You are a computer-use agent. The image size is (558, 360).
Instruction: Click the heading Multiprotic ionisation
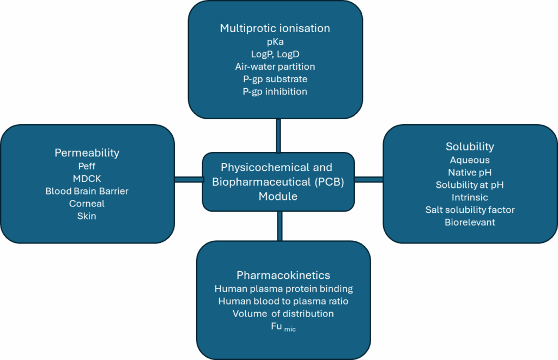click(x=275, y=28)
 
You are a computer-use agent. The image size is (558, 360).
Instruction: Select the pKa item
click(x=275, y=42)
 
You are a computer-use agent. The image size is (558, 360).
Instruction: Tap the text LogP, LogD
click(x=275, y=54)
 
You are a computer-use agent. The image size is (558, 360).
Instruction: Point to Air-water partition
click(x=275, y=66)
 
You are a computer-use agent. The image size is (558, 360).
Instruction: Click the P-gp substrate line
click(x=275, y=79)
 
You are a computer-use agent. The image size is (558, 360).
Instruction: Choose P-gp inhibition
click(x=275, y=91)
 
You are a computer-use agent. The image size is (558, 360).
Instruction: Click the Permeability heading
click(x=87, y=153)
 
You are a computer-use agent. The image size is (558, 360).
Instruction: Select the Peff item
click(x=87, y=167)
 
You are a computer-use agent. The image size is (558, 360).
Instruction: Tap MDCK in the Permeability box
click(x=87, y=179)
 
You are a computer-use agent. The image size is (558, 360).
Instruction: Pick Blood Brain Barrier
click(x=87, y=191)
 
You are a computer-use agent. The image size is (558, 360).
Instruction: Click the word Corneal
click(x=87, y=204)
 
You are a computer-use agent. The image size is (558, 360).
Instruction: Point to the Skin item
click(x=87, y=216)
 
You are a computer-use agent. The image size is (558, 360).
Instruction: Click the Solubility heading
click(x=470, y=147)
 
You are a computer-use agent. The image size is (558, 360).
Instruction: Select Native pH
click(x=470, y=173)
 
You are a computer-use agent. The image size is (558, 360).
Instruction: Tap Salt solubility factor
click(x=470, y=210)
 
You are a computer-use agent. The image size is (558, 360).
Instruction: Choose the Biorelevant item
click(x=470, y=222)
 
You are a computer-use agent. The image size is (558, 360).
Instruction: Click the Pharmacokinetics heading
click(x=283, y=275)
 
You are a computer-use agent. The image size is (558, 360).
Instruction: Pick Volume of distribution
click(x=283, y=314)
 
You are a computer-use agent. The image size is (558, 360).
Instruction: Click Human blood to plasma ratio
click(x=283, y=301)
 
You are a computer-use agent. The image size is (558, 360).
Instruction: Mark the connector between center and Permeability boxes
click(x=188, y=179)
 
